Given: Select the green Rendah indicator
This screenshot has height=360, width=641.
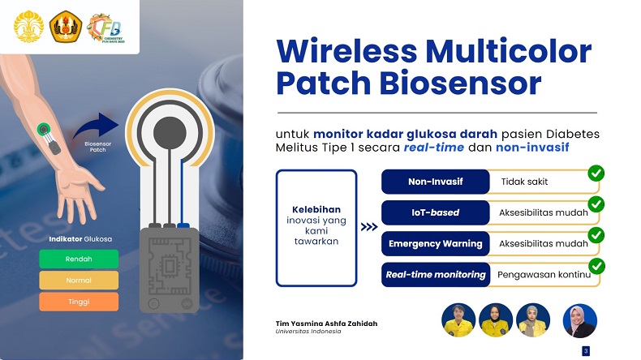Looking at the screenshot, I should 80,259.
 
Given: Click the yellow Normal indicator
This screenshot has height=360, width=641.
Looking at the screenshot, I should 80,281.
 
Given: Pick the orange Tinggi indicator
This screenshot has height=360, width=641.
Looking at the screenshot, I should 80,302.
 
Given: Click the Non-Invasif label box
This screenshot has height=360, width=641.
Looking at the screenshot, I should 435,182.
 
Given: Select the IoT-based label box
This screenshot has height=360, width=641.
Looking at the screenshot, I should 435,212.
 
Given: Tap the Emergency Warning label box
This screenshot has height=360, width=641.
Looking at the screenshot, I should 435,243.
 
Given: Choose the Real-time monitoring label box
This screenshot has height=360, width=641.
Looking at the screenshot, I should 435,274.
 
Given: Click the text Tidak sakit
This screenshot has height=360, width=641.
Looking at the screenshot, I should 524,182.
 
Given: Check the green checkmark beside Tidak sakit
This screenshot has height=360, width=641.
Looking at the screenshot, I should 596,174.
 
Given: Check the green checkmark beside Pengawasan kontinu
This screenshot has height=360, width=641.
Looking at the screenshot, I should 596,266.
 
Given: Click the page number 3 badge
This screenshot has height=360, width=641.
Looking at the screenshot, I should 586,351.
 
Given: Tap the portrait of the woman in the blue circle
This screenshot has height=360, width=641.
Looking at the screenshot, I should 579,320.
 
